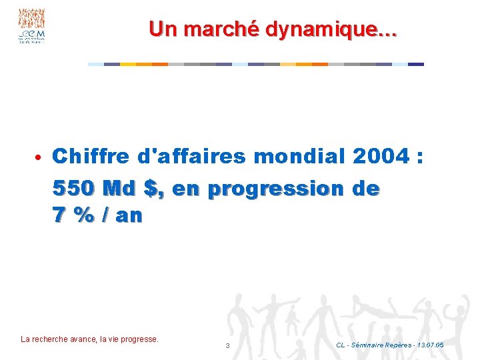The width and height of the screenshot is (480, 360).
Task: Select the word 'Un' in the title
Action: coord(163,29)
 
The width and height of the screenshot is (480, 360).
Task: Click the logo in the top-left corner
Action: coord(31,26)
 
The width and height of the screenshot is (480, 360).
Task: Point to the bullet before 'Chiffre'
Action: coord(39,158)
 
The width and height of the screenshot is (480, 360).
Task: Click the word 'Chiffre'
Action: coord(91,157)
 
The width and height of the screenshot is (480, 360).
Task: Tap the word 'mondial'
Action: coord(300,157)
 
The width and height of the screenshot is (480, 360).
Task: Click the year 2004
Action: coord(380,157)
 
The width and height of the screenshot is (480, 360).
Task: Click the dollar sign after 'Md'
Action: coord(155,189)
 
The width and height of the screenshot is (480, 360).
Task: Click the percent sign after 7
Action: coord(86,217)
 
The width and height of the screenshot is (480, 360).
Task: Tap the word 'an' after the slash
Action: coord(129,217)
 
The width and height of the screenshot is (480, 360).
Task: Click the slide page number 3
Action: coord(227,345)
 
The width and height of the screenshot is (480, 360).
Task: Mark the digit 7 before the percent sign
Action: coord(59,217)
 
